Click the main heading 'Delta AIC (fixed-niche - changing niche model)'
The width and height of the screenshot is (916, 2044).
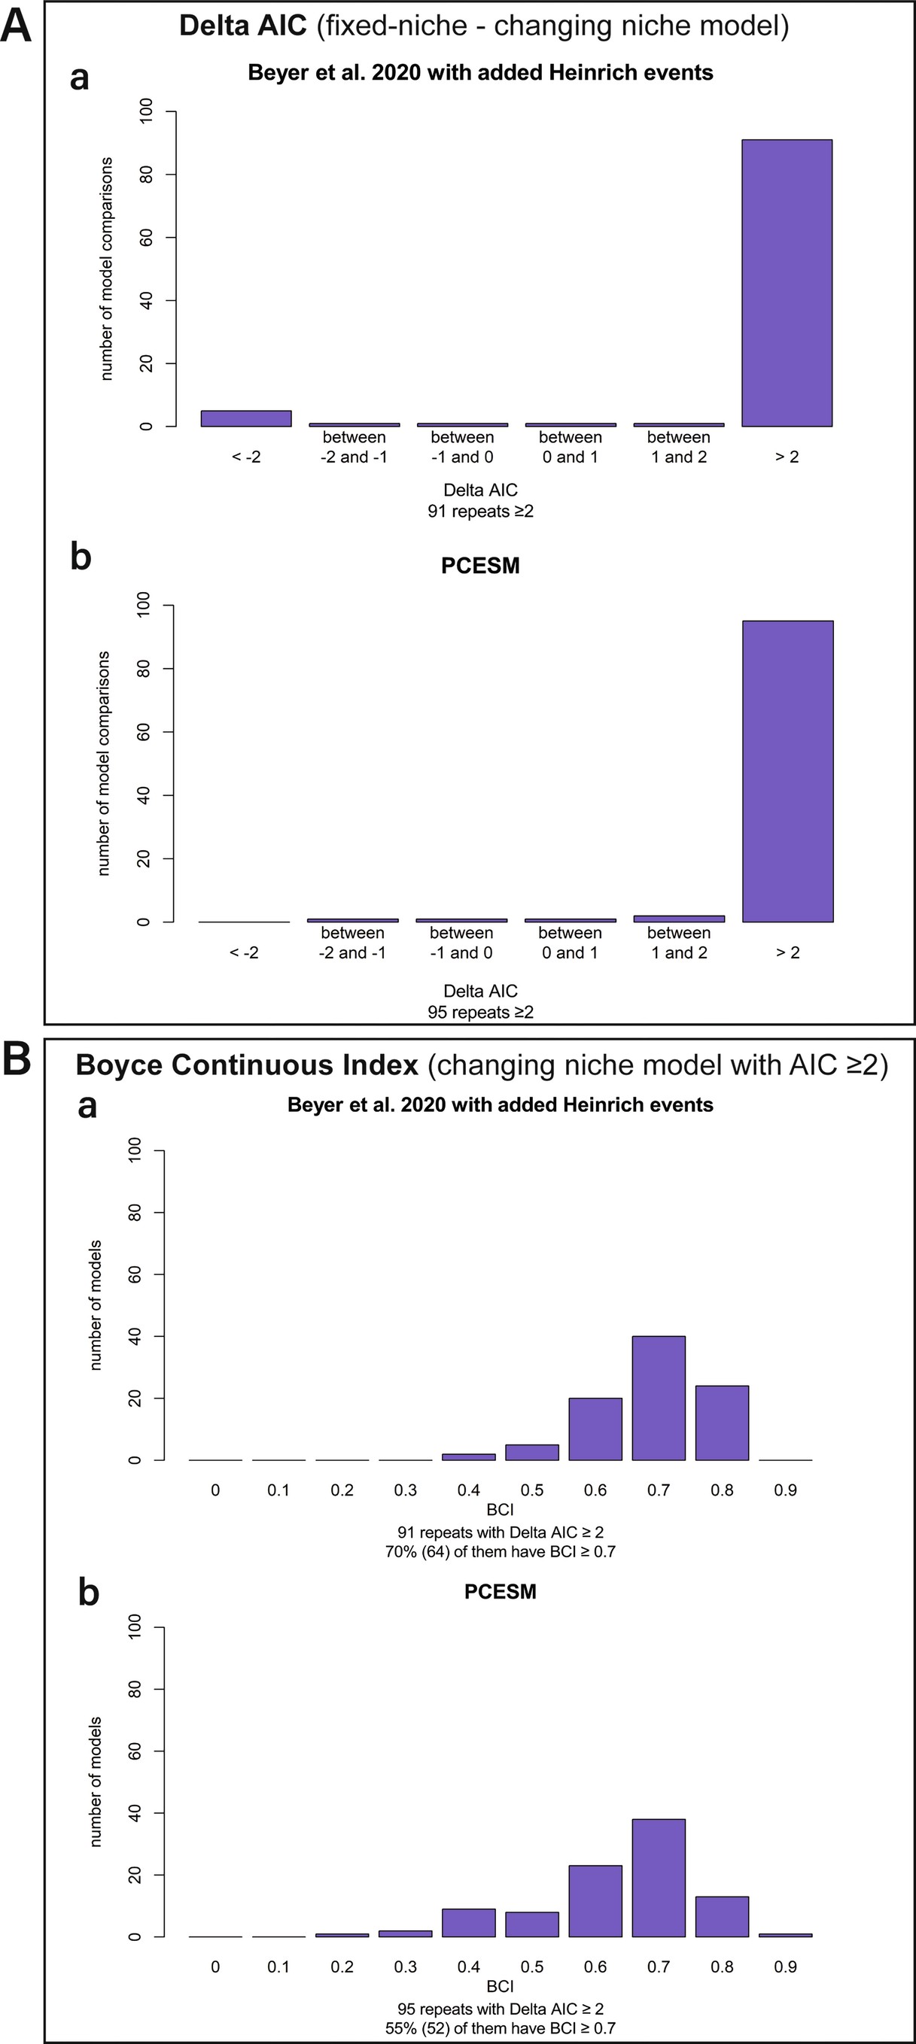(x=483, y=26)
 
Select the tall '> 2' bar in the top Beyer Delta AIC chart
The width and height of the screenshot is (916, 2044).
(x=787, y=284)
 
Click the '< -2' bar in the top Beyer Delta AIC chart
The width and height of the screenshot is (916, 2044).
(x=246, y=418)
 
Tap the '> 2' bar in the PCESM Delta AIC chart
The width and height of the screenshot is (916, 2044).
(x=787, y=770)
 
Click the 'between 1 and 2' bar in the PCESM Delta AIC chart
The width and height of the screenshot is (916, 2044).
(x=679, y=918)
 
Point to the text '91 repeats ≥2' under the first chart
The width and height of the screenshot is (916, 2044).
(x=480, y=512)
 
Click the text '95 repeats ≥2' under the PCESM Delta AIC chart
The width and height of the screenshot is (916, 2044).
(x=480, y=1013)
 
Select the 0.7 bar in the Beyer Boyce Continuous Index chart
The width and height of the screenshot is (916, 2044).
(x=658, y=1397)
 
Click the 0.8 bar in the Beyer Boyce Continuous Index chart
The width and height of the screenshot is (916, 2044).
(x=722, y=1422)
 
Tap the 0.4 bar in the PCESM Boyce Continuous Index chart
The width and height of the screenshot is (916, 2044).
(x=468, y=1922)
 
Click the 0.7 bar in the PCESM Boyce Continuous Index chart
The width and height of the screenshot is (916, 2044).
(x=658, y=1878)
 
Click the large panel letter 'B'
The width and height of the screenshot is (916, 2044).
(x=17, y=1060)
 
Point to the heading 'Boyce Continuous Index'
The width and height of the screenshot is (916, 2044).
(x=247, y=1065)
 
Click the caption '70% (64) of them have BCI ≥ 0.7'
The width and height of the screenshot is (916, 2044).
(x=500, y=1551)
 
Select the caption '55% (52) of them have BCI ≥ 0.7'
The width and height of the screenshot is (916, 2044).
(x=500, y=2028)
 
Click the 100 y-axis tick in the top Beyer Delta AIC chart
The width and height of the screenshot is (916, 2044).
(x=147, y=112)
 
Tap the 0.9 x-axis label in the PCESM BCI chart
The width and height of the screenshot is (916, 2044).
(x=785, y=1967)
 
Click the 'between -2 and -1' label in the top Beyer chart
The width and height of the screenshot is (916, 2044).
(x=354, y=447)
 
